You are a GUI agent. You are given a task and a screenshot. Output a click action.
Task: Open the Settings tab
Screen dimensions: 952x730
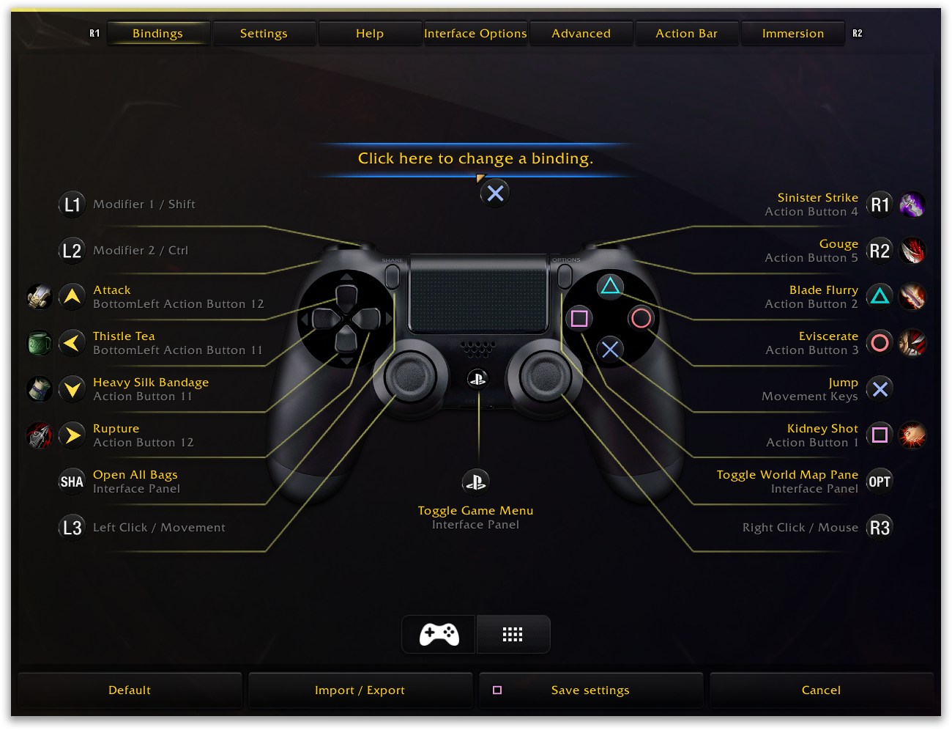pyautogui.click(x=264, y=34)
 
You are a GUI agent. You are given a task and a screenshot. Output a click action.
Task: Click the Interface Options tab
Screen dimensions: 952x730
pyautogui.click(x=475, y=34)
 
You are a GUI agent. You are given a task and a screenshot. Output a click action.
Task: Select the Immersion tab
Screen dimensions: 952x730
pyautogui.click(x=792, y=34)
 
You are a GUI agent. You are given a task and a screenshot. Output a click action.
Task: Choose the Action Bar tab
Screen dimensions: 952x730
pyautogui.click(x=686, y=34)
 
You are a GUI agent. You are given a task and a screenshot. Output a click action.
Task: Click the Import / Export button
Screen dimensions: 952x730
pyautogui.click(x=360, y=690)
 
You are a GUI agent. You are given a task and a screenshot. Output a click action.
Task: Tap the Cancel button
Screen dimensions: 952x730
pyautogui.click(x=821, y=690)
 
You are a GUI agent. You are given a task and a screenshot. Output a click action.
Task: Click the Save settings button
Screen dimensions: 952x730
pyautogui.click(x=590, y=690)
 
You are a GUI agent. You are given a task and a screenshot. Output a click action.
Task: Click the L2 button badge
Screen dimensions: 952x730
pyautogui.click(x=72, y=251)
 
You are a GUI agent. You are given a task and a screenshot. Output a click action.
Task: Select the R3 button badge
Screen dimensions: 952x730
pyautogui.click(x=880, y=528)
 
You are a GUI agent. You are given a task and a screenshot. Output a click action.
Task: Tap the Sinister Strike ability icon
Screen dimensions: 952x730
pyautogui.click(x=912, y=204)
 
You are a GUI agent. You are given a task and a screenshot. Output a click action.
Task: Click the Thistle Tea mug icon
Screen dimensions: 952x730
pyautogui.click(x=40, y=343)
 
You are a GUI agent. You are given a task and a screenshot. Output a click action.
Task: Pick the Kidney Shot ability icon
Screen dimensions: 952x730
pyautogui.click(x=912, y=435)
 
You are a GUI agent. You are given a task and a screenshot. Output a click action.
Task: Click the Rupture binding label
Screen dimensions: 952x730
pyautogui.click(x=116, y=429)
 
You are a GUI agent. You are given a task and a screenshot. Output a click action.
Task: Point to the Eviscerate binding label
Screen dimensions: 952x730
pyautogui.click(x=828, y=336)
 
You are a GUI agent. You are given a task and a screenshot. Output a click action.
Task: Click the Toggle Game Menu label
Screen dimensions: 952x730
pyautogui.click(x=475, y=511)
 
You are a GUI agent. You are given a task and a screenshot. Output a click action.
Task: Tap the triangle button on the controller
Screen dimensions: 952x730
pyautogui.click(x=610, y=286)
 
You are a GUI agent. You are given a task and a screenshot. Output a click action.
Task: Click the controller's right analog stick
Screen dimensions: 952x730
pyautogui.click(x=546, y=377)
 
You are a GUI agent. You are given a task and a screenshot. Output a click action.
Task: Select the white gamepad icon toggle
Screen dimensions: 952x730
pyautogui.click(x=439, y=635)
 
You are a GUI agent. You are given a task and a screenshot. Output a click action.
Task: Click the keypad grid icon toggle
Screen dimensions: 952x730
pyautogui.click(x=513, y=635)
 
